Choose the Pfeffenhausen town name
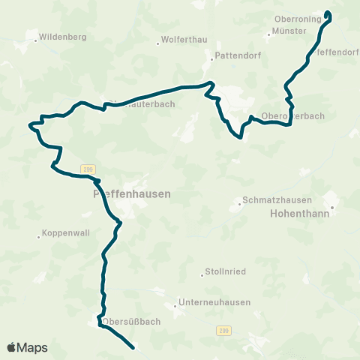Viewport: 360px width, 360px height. (x=131, y=193)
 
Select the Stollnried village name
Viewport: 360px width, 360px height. (x=226, y=271)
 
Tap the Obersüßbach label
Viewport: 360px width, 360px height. (x=131, y=322)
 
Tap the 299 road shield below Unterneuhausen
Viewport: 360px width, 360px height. (x=223, y=329)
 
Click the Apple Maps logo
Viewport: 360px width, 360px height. (x=27, y=347)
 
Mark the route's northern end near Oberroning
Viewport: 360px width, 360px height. (x=327, y=13)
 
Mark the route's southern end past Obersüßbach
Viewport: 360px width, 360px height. (x=133, y=348)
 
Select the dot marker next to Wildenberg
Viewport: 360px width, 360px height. (x=35, y=37)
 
